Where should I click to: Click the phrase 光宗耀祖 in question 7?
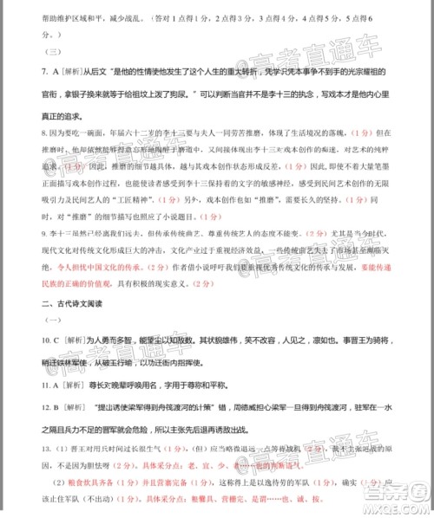368,75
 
